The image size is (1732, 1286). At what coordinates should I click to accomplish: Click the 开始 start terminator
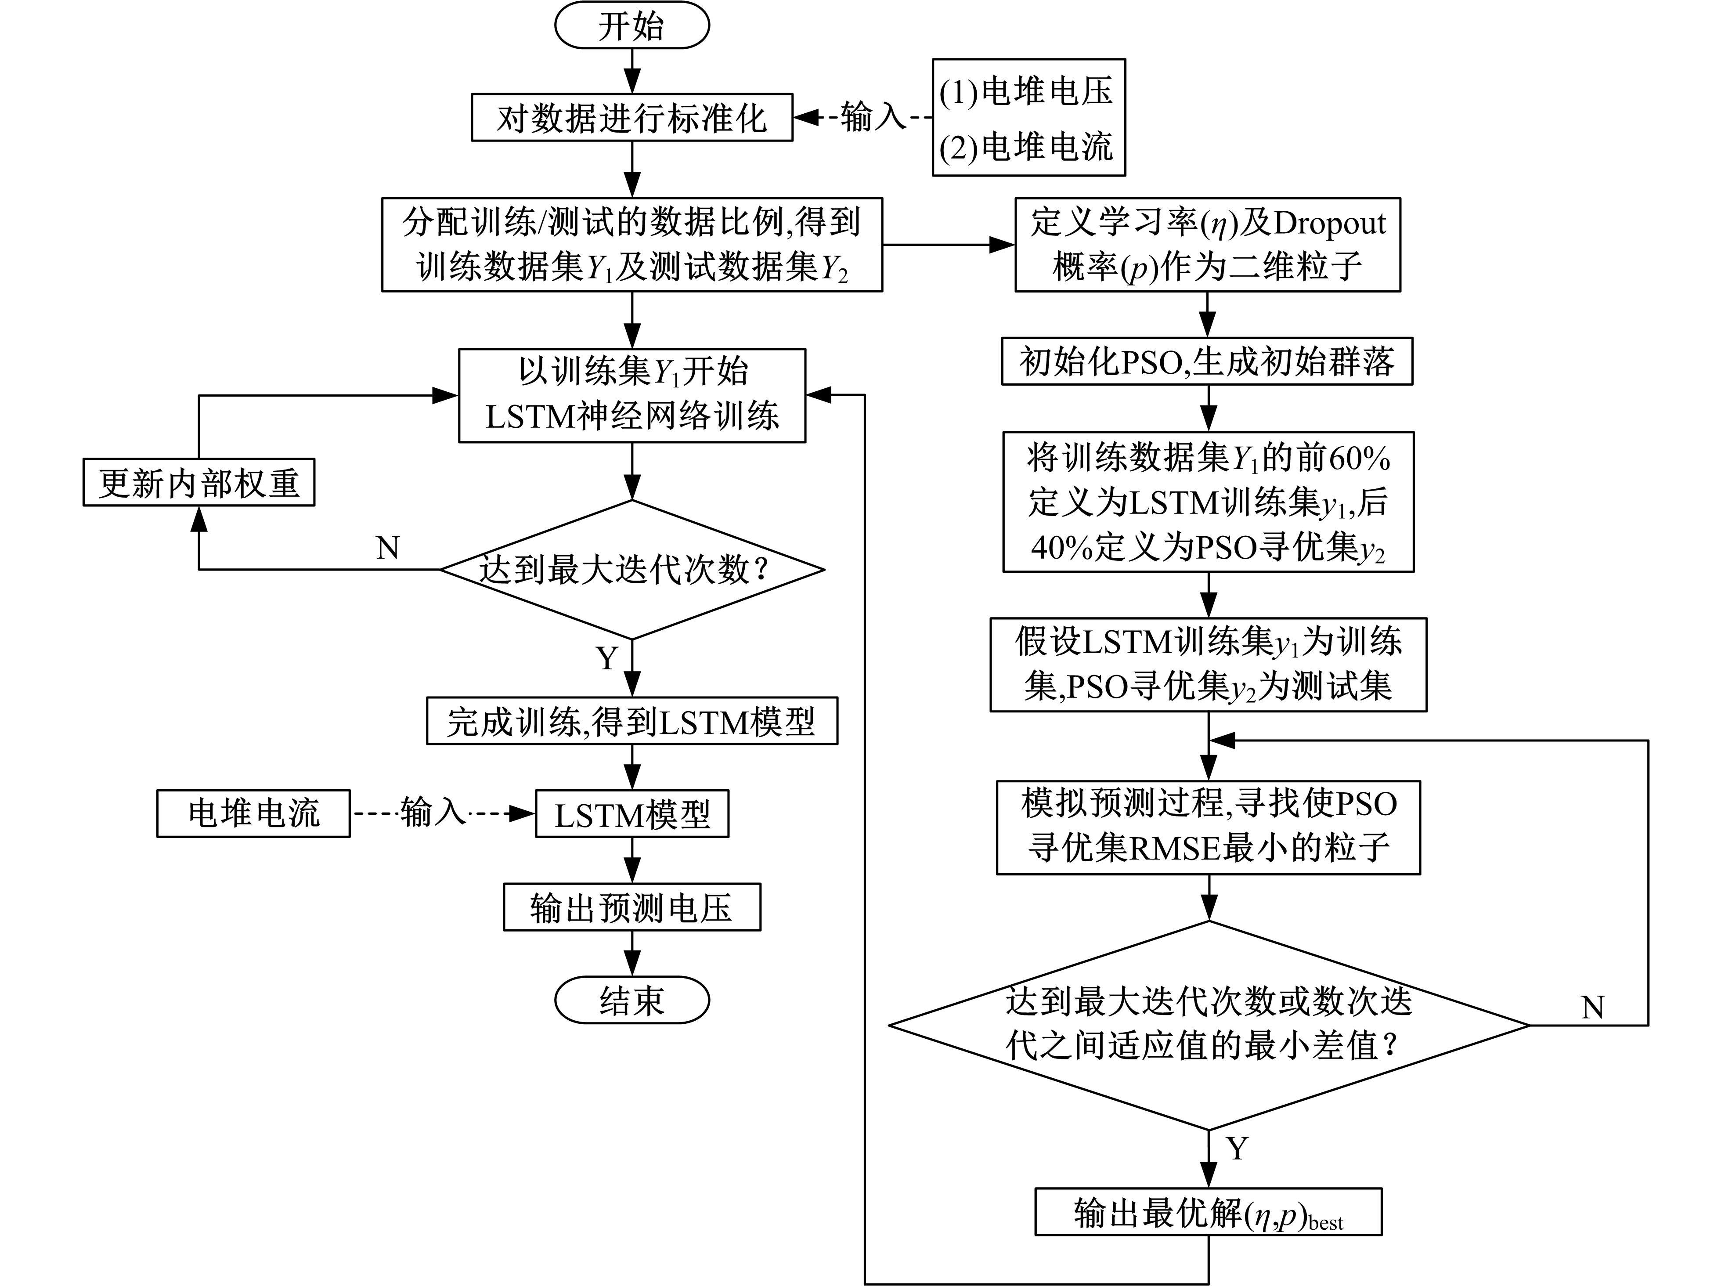[x=631, y=25]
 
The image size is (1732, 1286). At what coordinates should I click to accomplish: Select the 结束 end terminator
[x=631, y=1001]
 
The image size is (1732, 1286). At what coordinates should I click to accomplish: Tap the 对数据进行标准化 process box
[x=631, y=118]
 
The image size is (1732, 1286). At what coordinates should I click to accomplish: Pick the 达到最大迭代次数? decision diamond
[x=631, y=569]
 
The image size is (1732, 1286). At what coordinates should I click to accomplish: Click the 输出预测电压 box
[x=631, y=907]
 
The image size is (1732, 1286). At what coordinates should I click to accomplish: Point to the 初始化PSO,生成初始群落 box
[x=1207, y=361]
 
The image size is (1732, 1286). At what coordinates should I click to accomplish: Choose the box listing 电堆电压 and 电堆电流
[x=1028, y=118]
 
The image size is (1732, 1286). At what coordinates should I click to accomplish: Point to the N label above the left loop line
[x=388, y=548]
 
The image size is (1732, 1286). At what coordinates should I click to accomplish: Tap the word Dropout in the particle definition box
[x=1330, y=224]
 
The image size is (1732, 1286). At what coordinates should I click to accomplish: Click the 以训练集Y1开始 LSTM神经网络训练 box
[x=631, y=395]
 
